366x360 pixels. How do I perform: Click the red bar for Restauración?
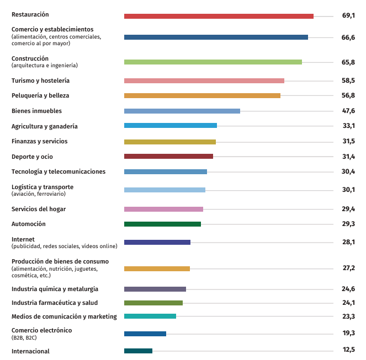pos(219,16)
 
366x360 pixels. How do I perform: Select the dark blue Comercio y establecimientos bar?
pos(216,37)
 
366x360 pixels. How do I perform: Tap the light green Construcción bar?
pos(213,62)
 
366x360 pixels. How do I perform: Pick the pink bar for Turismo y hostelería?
pos(204,80)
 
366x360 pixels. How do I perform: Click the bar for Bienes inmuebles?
pos(182,111)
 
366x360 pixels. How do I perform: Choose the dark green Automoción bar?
pos(162,224)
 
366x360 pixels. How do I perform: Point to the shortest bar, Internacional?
pos(138,351)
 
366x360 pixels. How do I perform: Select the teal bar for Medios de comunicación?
pos(150,316)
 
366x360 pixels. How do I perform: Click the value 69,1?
pos(348,16)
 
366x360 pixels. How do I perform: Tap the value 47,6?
pos(348,111)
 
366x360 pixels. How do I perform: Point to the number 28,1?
pos(348,242)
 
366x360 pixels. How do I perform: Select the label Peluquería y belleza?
pos(40,95)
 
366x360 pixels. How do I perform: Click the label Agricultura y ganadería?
pos(45,126)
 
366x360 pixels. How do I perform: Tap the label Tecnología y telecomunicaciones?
pos(59,171)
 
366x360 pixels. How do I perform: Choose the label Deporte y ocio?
pos(32,157)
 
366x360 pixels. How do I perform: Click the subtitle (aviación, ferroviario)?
pos(39,194)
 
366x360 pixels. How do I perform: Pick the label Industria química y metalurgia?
pos(55,289)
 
